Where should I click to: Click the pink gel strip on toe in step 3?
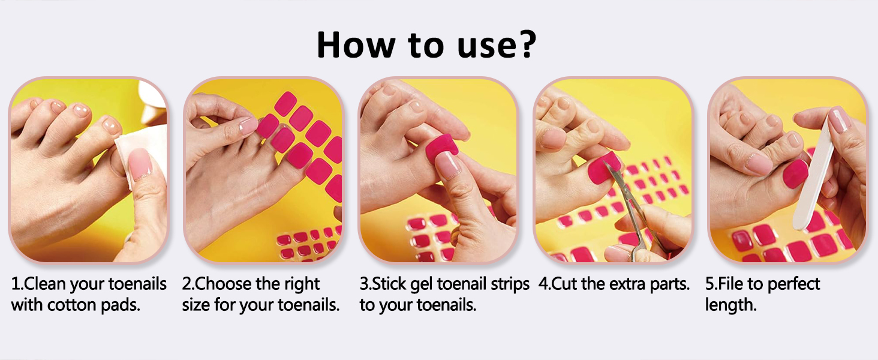(x=443, y=149)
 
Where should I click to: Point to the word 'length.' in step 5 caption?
(x=730, y=305)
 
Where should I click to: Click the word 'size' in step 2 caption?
(x=196, y=305)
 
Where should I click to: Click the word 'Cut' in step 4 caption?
(x=564, y=284)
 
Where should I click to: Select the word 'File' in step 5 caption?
(x=730, y=284)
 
